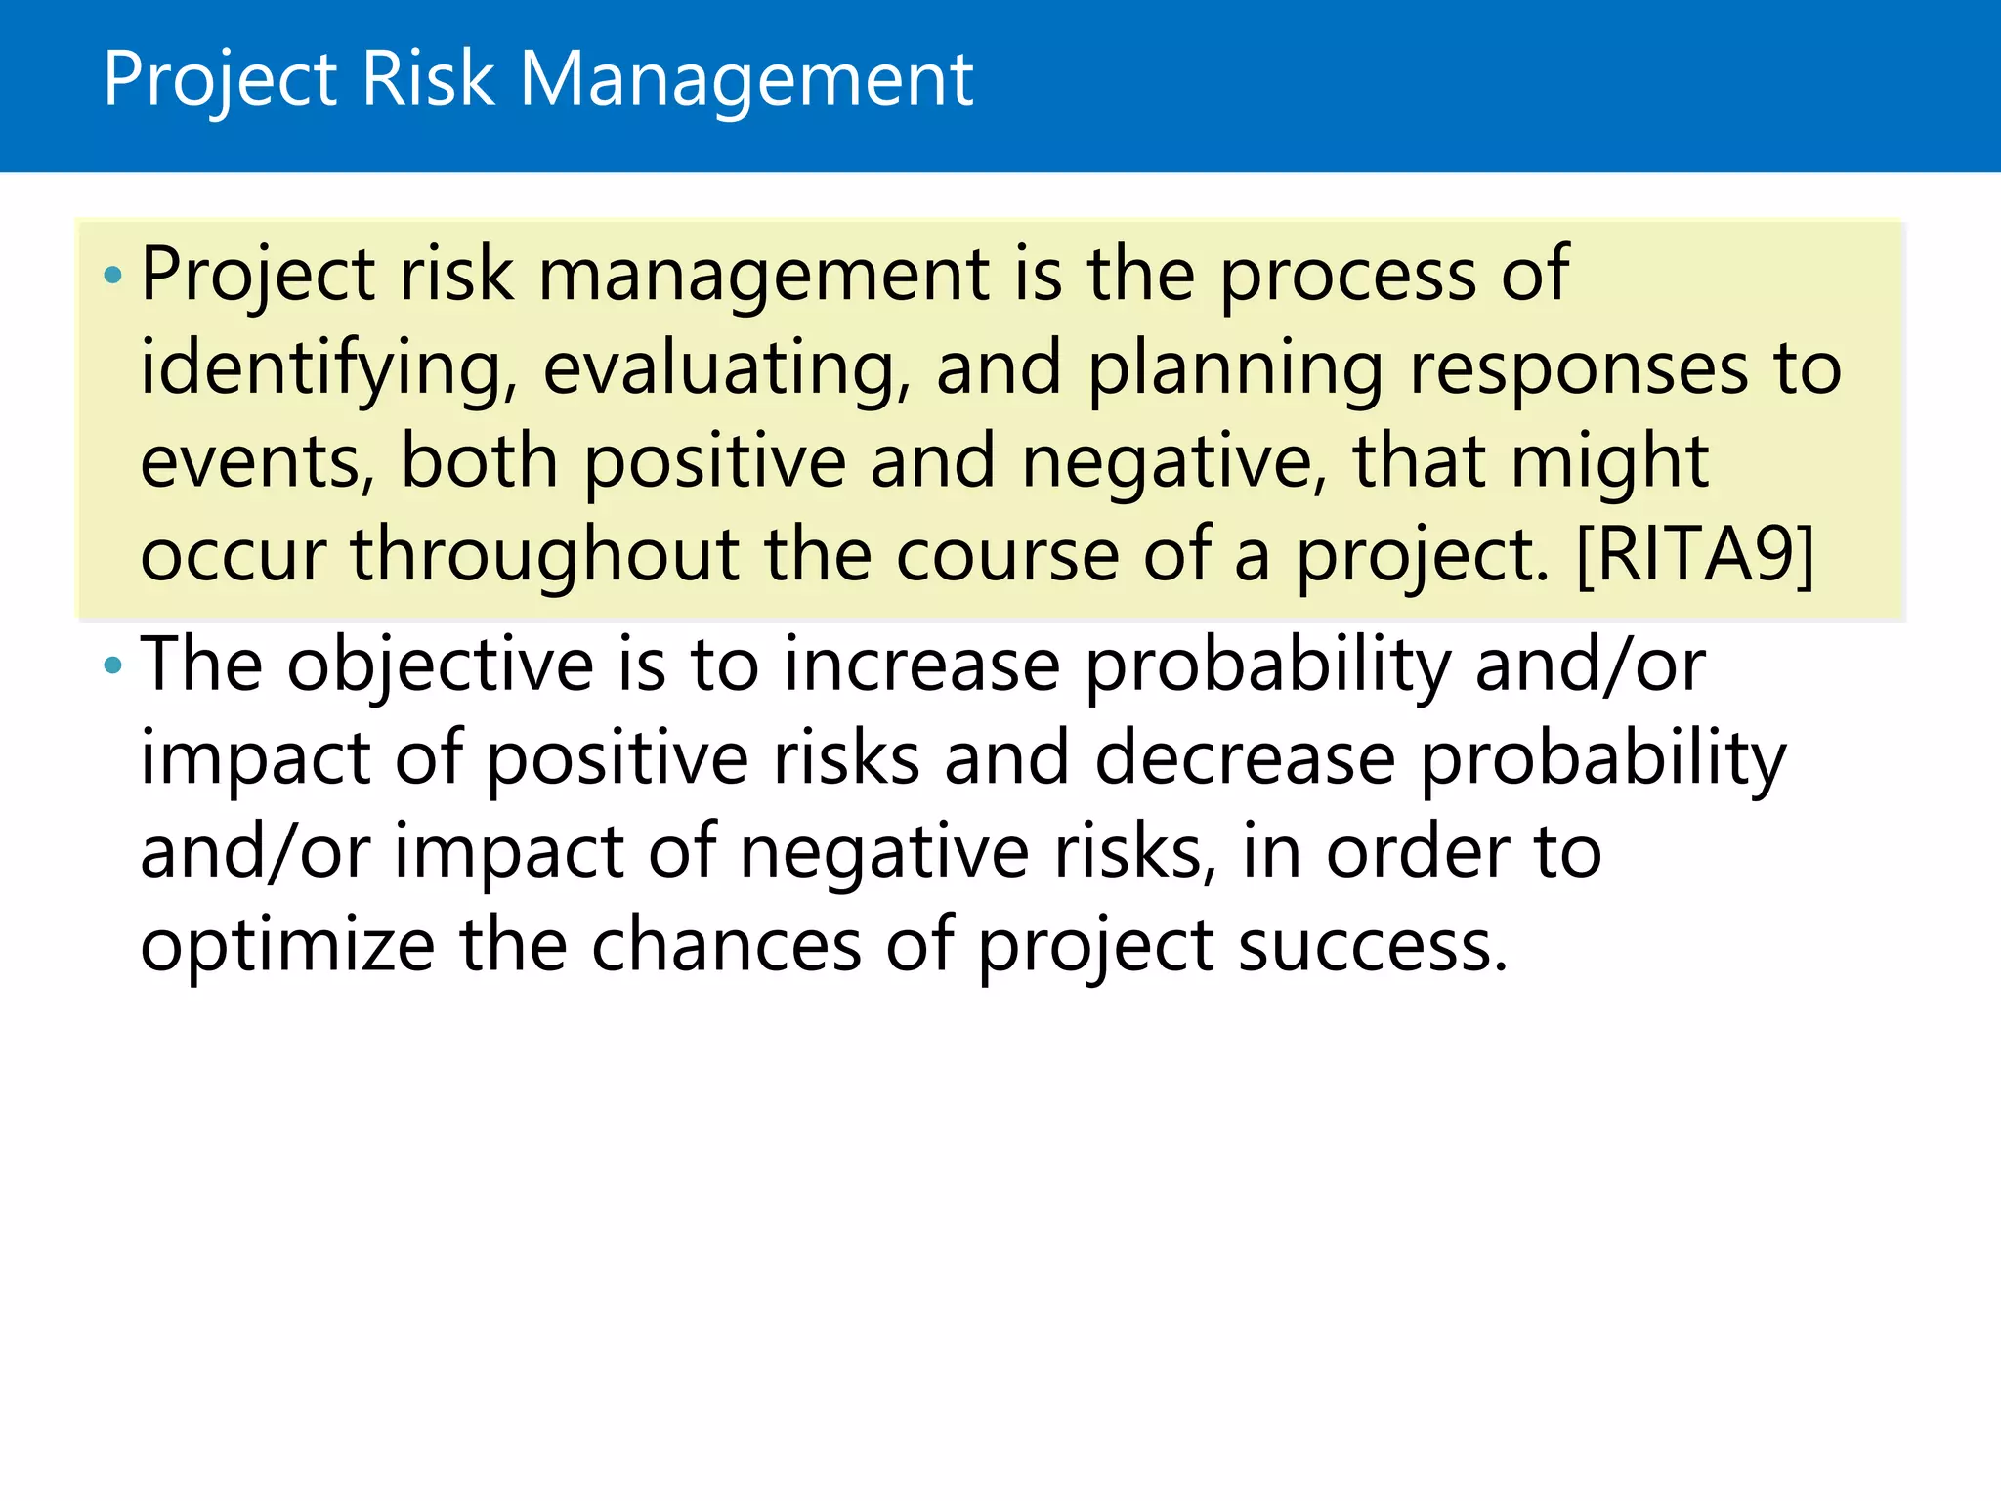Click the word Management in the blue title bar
[x=746, y=80]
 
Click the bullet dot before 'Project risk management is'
[x=113, y=276]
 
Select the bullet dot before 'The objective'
[x=113, y=666]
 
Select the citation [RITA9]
[x=1695, y=555]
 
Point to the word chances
[x=726, y=946]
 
